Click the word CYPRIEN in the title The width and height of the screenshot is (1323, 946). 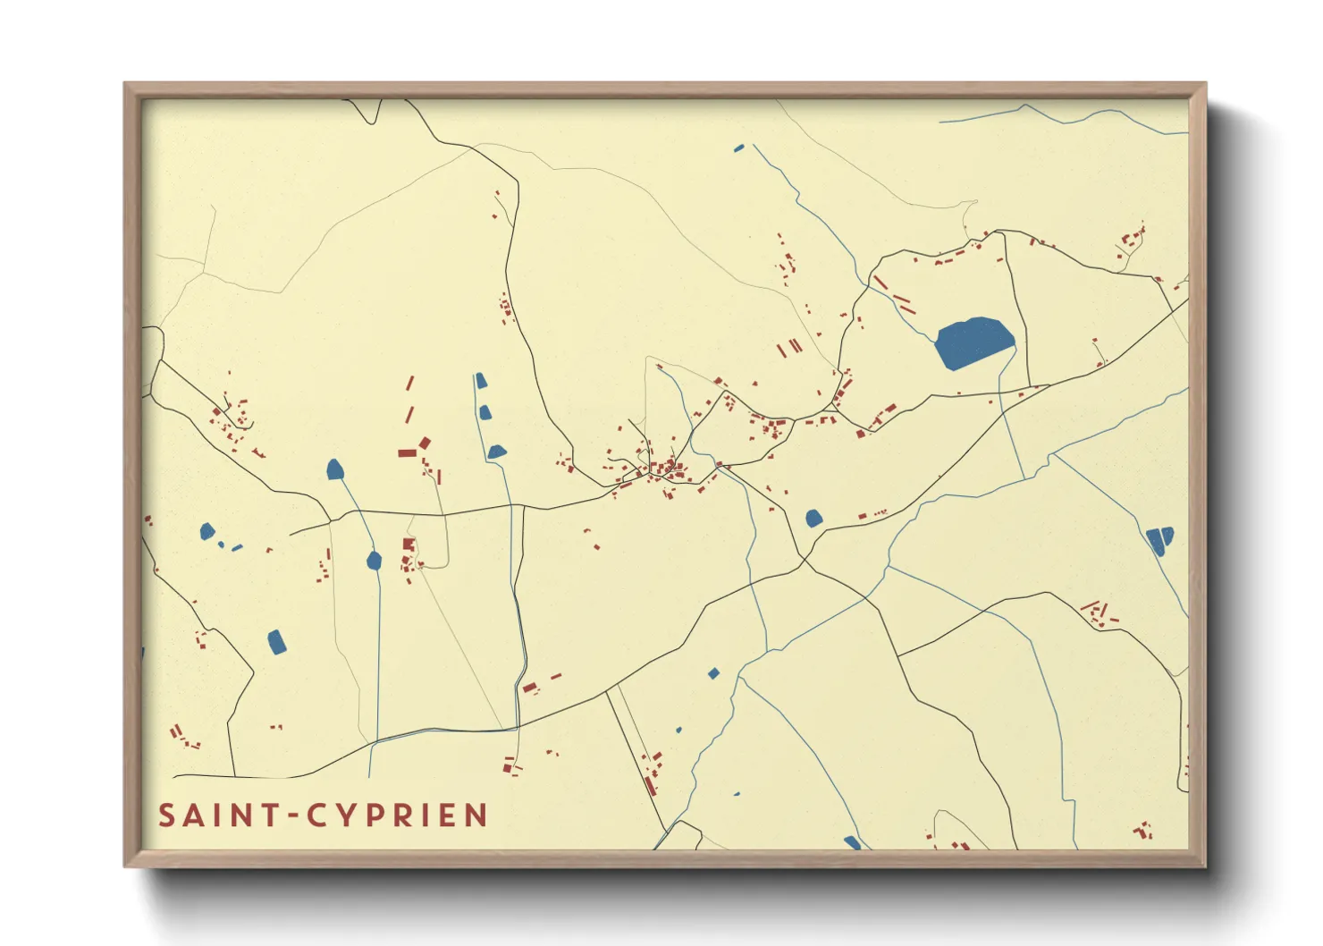tap(398, 815)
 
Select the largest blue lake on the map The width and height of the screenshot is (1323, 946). tap(973, 342)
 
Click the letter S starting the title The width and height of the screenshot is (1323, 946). tap(167, 815)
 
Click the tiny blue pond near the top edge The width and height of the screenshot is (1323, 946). tap(738, 148)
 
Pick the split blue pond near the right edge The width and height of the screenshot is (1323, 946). tap(1160, 540)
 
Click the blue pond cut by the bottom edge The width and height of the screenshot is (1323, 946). tap(852, 842)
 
